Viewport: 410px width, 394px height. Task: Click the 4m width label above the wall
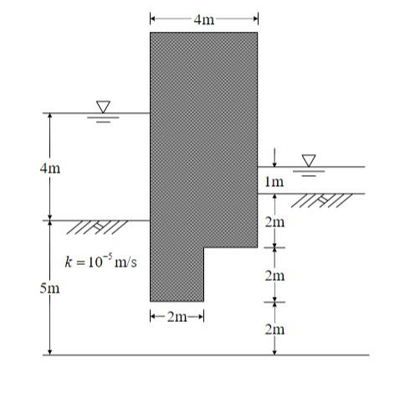[203, 18]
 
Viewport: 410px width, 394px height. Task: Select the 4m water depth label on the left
[49, 168]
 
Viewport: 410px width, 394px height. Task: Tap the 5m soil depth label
[49, 288]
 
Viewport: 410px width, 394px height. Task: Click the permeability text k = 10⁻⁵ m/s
[100, 262]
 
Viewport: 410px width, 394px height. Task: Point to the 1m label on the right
[274, 181]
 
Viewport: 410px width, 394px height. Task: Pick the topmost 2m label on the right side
[274, 222]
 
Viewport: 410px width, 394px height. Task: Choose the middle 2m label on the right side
[274, 275]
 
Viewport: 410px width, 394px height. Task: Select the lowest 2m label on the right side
[274, 329]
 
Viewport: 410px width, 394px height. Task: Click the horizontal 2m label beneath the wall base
[177, 316]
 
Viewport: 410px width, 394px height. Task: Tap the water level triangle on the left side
[103, 107]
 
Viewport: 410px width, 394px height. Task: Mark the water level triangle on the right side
[310, 160]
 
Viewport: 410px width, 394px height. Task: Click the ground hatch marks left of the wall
[97, 227]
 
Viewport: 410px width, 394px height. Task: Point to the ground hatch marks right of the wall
[322, 200]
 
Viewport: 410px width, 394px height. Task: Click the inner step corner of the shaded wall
[204, 248]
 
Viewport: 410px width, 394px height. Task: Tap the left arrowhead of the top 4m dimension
[153, 18]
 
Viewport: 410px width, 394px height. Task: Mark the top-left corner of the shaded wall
[151, 33]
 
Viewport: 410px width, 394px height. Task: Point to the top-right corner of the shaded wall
[257, 33]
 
